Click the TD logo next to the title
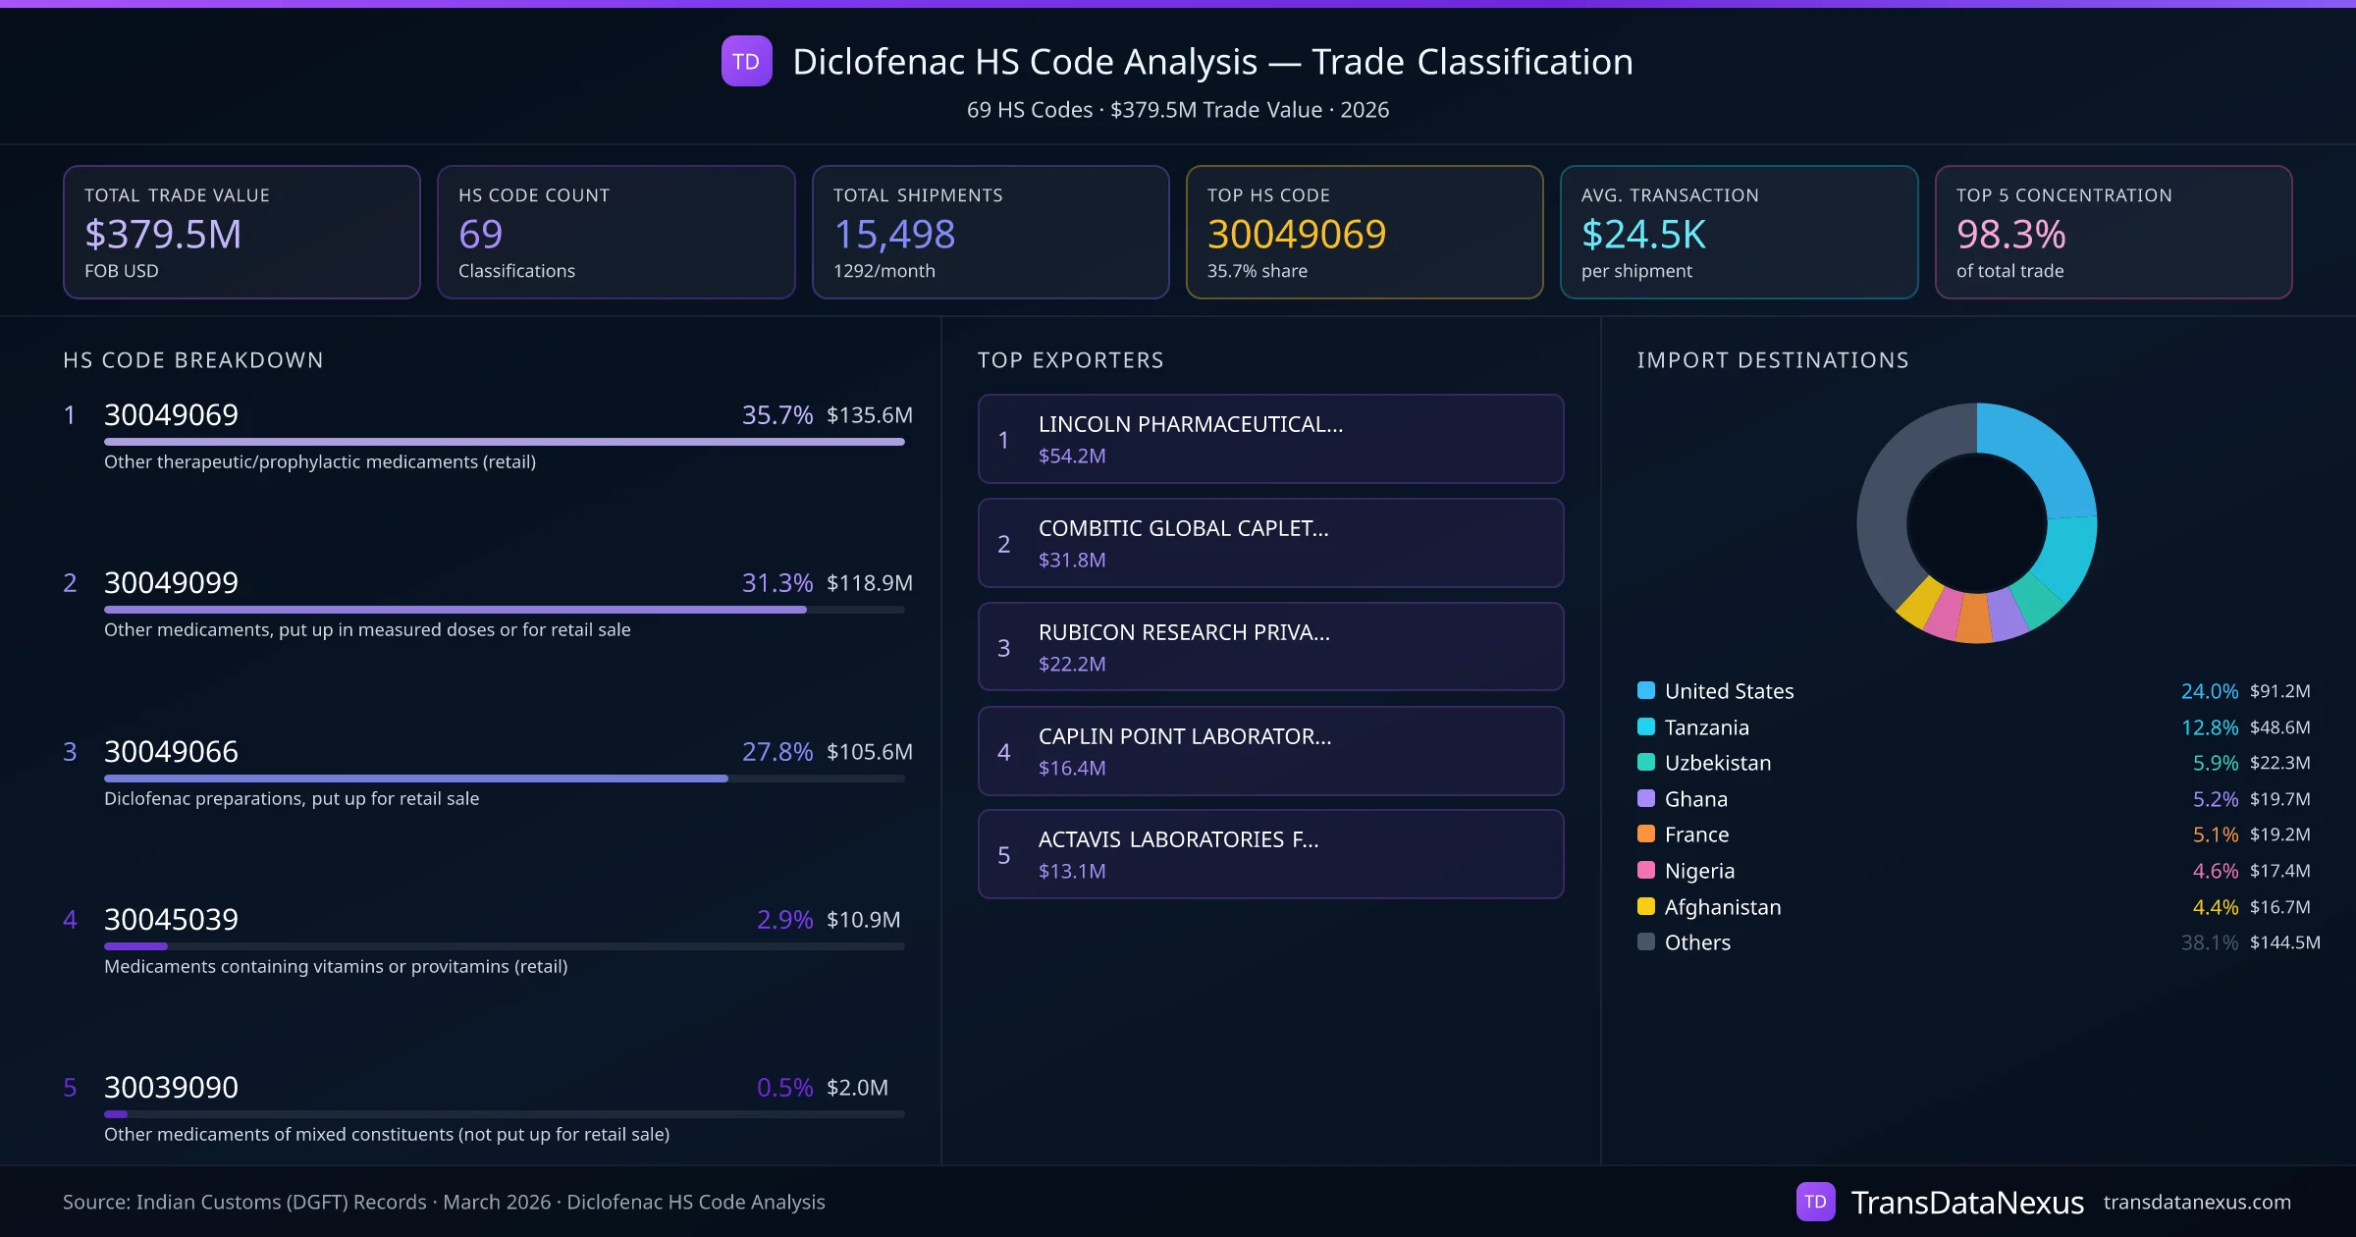tap(746, 61)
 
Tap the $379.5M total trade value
tap(163, 234)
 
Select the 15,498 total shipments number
tap(893, 234)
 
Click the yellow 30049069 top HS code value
tap(1296, 234)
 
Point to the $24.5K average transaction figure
tap(1643, 234)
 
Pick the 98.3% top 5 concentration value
tap(2010, 234)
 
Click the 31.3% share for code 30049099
tap(776, 582)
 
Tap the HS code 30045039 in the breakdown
tap(171, 919)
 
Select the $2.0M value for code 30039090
tap(857, 1087)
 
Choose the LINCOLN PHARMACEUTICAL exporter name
tap(1190, 424)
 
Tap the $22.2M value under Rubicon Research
tap(1071, 664)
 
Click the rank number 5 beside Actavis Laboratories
tap(1003, 855)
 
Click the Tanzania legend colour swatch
tap(1646, 726)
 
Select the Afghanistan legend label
tap(1722, 907)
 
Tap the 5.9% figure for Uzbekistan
tap(2215, 763)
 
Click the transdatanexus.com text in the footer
tap(2196, 1202)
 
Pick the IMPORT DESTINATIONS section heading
tap(1772, 360)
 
